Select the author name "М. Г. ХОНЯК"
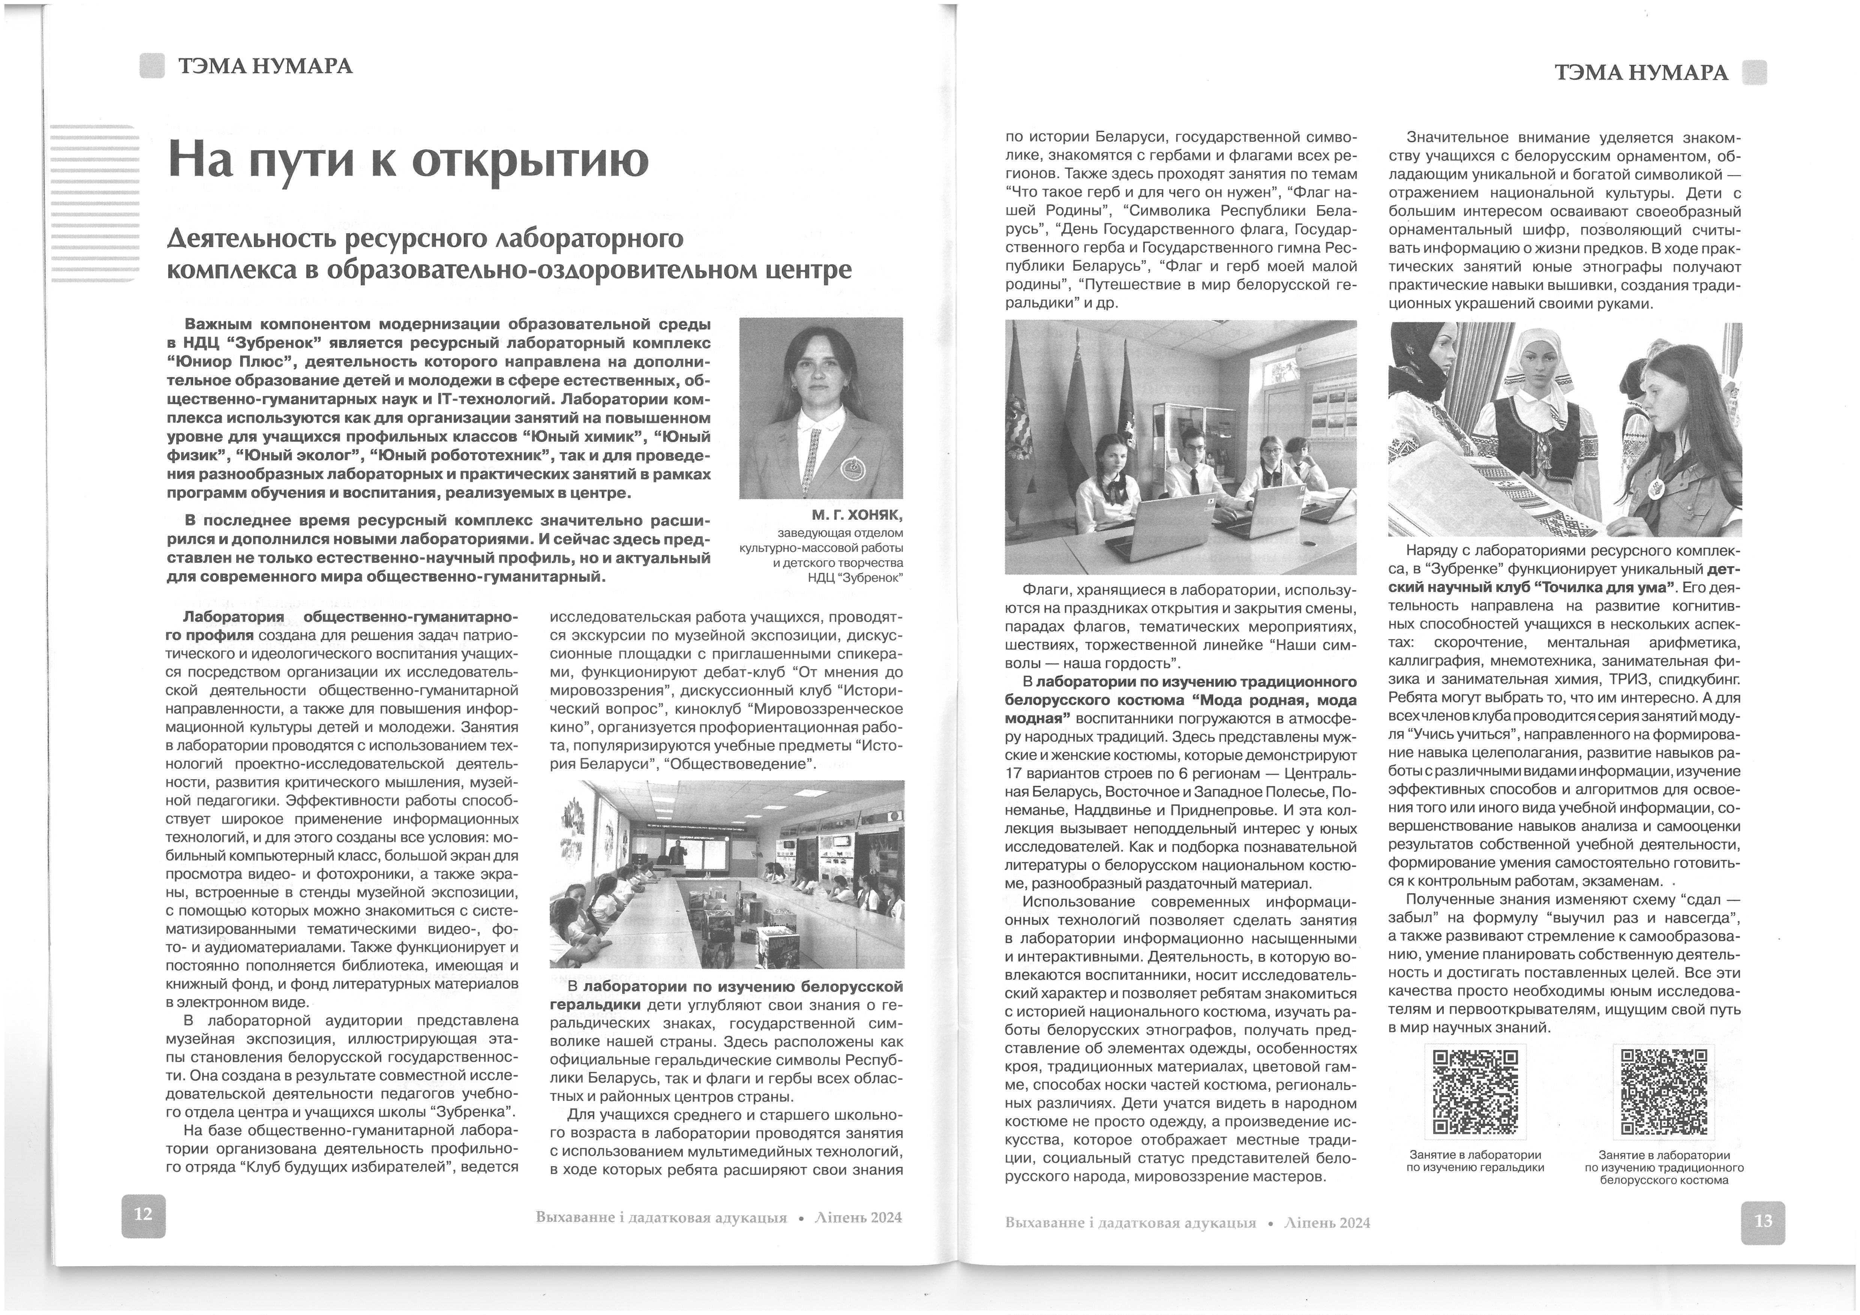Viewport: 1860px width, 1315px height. pos(857,515)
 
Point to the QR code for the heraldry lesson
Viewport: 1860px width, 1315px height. pos(1474,1092)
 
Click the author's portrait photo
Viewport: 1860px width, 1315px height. pos(820,408)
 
